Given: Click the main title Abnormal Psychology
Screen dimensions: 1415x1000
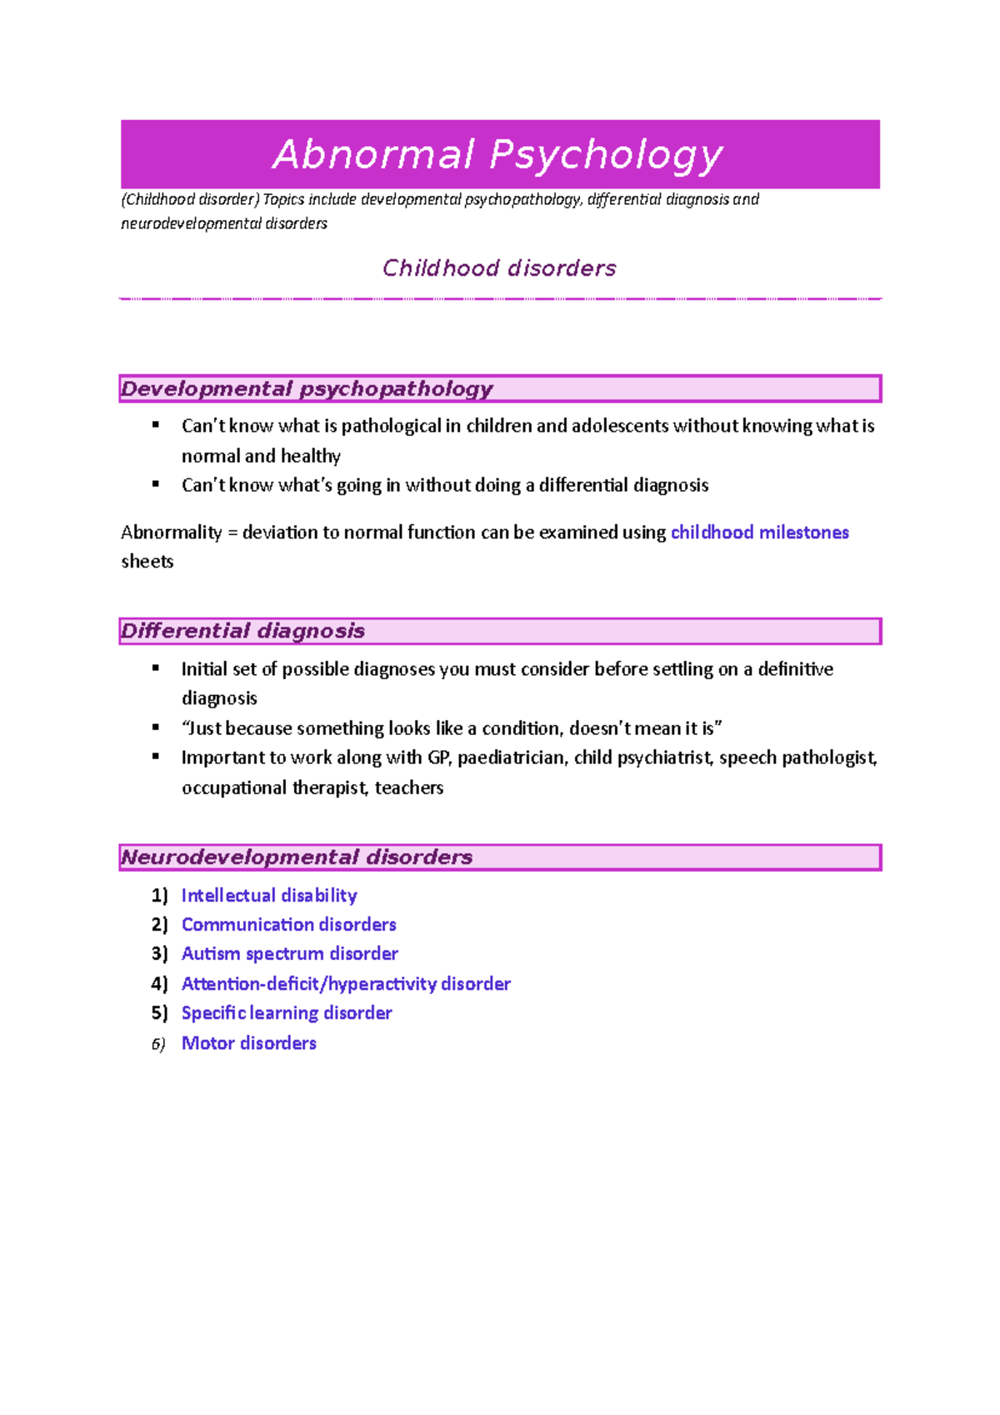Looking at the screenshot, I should coord(498,155).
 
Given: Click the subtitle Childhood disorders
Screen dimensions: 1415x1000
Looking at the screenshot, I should coord(499,268).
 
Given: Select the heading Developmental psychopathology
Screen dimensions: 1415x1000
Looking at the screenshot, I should coord(307,389).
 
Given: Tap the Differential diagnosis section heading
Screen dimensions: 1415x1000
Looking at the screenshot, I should coord(242,631).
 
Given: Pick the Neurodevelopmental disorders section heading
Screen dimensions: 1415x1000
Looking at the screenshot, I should coord(297,857).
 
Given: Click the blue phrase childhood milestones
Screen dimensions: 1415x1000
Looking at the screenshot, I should coord(759,532).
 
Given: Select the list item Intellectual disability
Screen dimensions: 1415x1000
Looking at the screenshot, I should coord(269,895).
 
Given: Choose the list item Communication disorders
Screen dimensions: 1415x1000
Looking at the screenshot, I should coord(288,924).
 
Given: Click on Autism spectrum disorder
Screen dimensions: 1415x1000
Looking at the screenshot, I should coord(289,953).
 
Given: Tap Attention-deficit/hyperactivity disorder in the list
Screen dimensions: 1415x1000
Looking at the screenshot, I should coord(346,983).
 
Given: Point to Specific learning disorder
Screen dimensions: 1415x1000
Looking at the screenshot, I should coord(287,1012).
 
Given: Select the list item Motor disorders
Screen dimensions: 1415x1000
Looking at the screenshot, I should coord(249,1042).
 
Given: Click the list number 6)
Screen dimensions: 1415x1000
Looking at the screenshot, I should coord(158,1044).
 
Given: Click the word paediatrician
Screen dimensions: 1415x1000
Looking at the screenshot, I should coord(512,757).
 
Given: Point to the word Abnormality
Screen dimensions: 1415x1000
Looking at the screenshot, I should coord(171,532).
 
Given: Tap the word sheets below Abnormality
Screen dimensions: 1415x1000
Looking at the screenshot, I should coord(147,562).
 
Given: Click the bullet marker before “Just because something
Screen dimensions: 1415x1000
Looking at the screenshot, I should coord(156,727).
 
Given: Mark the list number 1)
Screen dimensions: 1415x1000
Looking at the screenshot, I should coord(159,895).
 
